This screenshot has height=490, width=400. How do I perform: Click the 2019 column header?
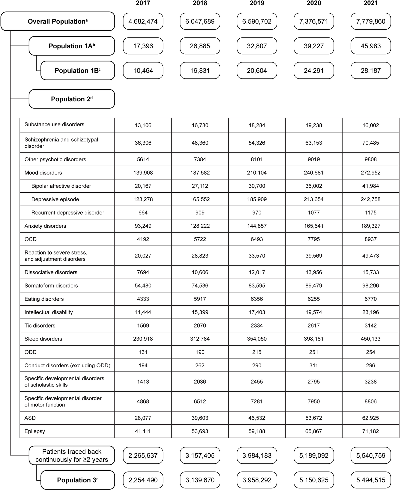[257, 3]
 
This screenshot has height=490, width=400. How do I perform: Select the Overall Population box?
[58, 21]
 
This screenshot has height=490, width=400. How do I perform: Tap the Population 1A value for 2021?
[371, 46]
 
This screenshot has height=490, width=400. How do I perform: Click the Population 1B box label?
[78, 71]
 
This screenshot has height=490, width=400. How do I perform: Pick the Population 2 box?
[72, 99]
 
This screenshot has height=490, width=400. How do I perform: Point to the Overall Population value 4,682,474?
[143, 21]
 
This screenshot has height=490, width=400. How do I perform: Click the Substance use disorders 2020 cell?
[314, 125]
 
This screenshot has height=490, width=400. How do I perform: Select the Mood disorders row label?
[43, 173]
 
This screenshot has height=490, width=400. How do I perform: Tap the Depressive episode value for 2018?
[200, 199]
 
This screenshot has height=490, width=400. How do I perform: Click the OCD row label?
[31, 239]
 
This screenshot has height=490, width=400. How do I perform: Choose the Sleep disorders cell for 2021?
[371, 339]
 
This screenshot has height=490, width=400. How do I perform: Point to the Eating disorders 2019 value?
[257, 299]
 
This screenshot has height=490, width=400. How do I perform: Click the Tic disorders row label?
[40, 326]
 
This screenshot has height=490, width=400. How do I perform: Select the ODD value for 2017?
[143, 352]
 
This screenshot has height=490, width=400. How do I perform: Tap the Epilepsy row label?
[35, 431]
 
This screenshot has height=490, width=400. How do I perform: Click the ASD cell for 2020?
[314, 418]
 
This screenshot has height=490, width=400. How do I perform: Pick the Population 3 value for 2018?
[200, 480]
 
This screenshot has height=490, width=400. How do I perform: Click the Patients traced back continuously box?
[72, 456]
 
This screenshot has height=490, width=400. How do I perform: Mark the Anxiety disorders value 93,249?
[143, 226]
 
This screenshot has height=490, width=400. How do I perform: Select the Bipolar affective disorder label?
[61, 186]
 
